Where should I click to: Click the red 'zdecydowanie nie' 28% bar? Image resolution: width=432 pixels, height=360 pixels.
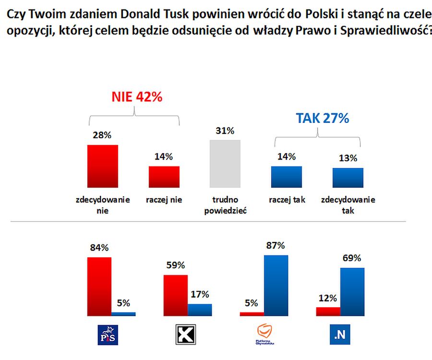pyautogui.click(x=102, y=166)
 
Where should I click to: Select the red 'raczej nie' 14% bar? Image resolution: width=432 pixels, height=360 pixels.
pyautogui.click(x=164, y=177)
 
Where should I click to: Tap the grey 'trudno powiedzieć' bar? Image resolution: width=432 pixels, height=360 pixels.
pyautogui.click(x=225, y=164)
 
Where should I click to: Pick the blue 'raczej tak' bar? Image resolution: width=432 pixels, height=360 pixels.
pyautogui.click(x=286, y=177)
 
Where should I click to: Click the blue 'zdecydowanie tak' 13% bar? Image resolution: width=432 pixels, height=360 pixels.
pyautogui.click(x=348, y=178)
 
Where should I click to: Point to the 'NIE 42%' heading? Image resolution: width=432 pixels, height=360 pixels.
pyautogui.click(x=137, y=97)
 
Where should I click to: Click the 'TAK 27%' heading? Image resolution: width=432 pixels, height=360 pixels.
pyautogui.click(x=322, y=118)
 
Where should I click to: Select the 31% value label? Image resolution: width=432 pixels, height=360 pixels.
pyautogui.click(x=225, y=131)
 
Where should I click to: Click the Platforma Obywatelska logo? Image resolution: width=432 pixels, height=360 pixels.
pyautogui.click(x=265, y=334)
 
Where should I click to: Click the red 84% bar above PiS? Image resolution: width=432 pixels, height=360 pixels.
pyautogui.click(x=99, y=287)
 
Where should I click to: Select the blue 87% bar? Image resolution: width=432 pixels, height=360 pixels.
pyautogui.click(x=276, y=286)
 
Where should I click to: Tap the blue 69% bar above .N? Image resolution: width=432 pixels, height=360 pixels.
pyautogui.click(x=352, y=292)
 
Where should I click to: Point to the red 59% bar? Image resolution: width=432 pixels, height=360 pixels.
pyautogui.click(x=175, y=295)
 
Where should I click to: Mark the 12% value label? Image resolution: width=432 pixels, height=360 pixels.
pyautogui.click(x=328, y=298)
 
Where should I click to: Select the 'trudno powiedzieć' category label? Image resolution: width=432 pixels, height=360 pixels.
pyautogui.click(x=225, y=205)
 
